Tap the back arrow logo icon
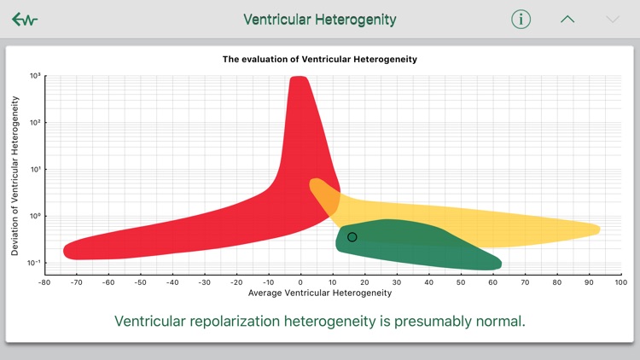[25, 20]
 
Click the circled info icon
[521, 20]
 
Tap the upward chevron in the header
[567, 20]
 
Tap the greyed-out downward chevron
[612, 20]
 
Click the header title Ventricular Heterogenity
[320, 20]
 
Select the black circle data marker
[352, 237]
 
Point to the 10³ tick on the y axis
[35, 76]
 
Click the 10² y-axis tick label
[35, 123]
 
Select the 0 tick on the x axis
[301, 282]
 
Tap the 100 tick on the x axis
[620, 282]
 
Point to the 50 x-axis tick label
[461, 282]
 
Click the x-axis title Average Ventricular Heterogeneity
[320, 293]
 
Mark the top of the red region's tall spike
[299, 79]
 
